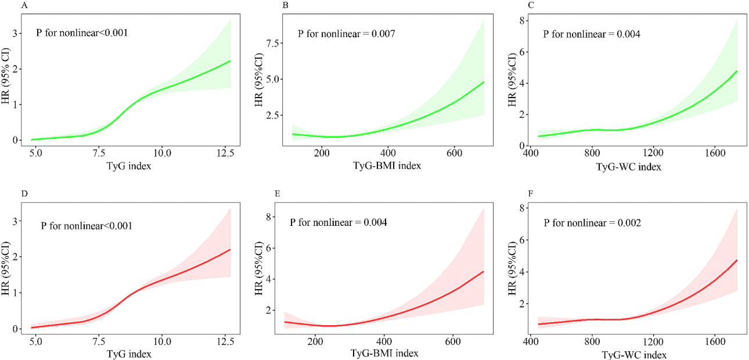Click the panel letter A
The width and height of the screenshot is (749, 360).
point(24,6)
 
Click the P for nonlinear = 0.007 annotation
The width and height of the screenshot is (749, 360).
point(346,34)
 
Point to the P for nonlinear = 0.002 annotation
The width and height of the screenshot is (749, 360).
point(592,222)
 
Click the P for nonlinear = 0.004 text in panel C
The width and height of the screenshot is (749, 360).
point(592,34)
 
